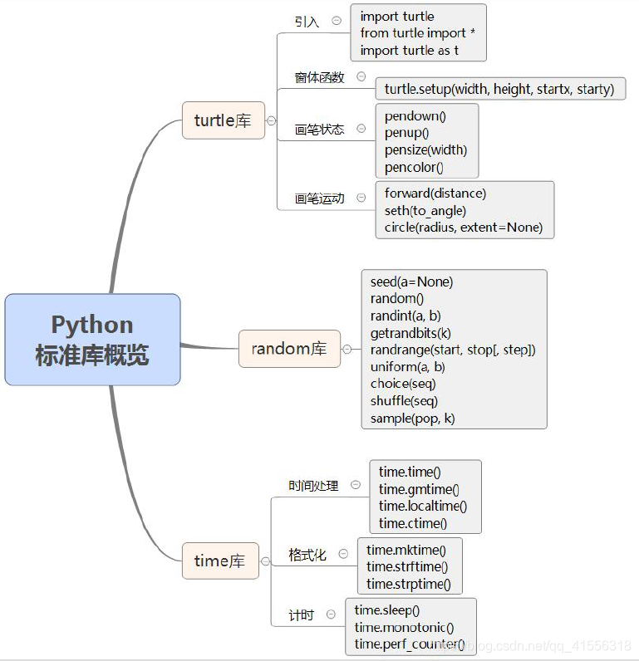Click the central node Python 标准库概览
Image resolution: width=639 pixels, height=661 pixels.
92,339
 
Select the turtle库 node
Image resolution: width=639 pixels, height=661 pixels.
223,120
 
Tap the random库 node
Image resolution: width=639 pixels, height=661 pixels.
288,349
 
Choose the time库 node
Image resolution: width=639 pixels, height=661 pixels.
219,561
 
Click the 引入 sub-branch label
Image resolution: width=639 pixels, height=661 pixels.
307,22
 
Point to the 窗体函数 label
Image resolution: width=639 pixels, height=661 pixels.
319,77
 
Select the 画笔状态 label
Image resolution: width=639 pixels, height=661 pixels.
319,130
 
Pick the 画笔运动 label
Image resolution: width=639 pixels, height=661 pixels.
319,198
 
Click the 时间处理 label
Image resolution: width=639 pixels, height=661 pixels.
313,485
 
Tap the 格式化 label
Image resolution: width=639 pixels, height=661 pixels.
307,555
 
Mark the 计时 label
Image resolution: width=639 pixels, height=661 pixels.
301,615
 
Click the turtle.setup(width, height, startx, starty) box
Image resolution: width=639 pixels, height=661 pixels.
499,89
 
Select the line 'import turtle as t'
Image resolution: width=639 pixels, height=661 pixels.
409,50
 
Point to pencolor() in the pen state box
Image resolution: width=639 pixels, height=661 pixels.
414,167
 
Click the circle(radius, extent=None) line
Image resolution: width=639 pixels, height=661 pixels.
463,227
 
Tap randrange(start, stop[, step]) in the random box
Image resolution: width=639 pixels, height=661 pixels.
453,350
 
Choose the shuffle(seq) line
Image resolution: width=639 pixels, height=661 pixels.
404,401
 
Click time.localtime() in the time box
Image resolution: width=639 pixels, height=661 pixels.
423,506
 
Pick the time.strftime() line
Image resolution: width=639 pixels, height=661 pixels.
407,566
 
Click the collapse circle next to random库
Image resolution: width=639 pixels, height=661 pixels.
347,350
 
